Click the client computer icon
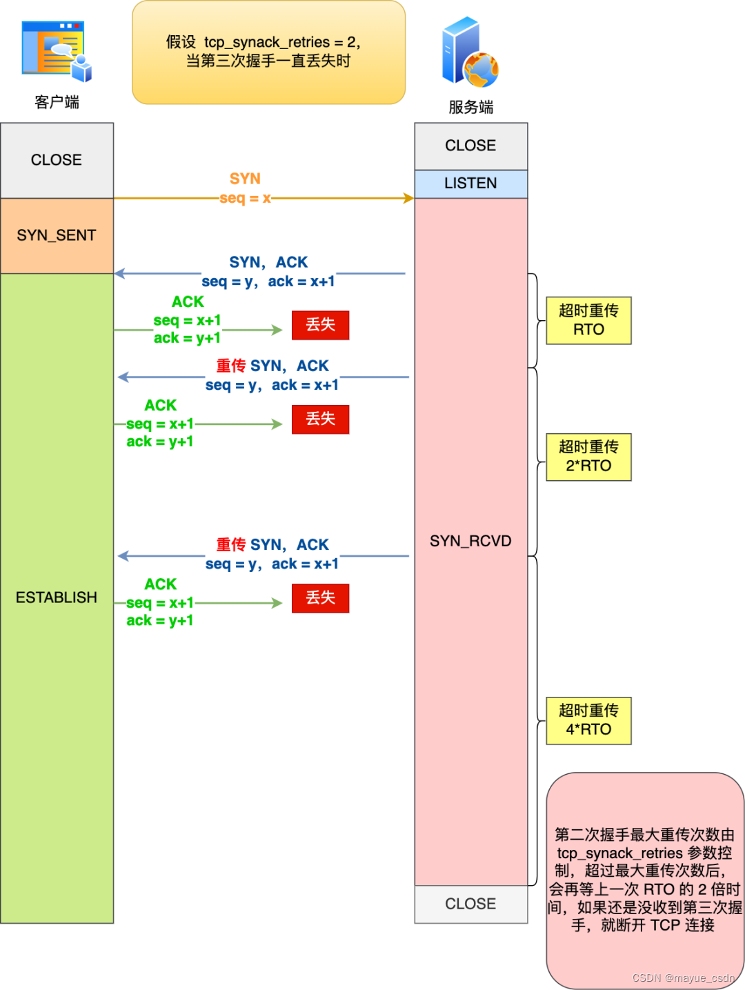click(57, 51)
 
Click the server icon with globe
click(470, 53)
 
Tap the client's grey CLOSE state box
click(57, 160)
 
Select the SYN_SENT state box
click(57, 235)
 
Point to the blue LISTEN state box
click(470, 184)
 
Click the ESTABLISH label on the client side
click(57, 597)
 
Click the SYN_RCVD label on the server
click(470, 541)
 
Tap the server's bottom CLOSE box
click(470, 904)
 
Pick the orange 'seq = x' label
click(245, 198)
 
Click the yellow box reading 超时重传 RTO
click(588, 320)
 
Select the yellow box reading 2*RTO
click(588, 457)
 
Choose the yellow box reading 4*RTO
click(588, 720)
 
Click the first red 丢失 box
click(320, 325)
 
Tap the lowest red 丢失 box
click(320, 598)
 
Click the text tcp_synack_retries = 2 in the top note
click(281, 42)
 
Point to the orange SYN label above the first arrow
click(245, 179)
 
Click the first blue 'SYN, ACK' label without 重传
click(268, 262)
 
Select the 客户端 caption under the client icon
click(57, 102)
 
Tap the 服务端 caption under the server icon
click(470, 107)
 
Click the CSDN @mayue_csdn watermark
click(683, 978)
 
